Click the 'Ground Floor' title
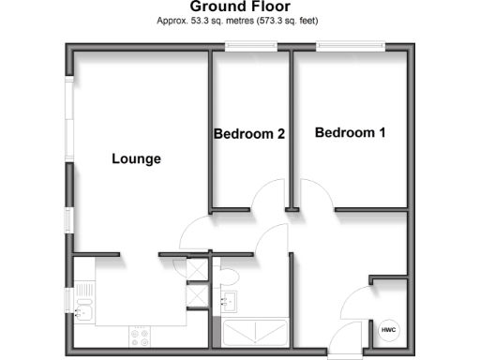pyautogui.click(x=239, y=7)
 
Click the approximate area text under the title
pyautogui.click(x=239, y=20)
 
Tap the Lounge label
pyautogui.click(x=136, y=158)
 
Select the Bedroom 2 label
pyautogui.click(x=249, y=134)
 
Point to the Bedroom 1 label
pyautogui.click(x=350, y=133)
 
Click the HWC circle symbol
pyautogui.click(x=388, y=330)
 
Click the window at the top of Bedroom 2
pyautogui.click(x=250, y=45)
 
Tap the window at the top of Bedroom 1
pyautogui.click(x=349, y=45)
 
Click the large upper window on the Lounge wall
pyautogui.click(x=69, y=117)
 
